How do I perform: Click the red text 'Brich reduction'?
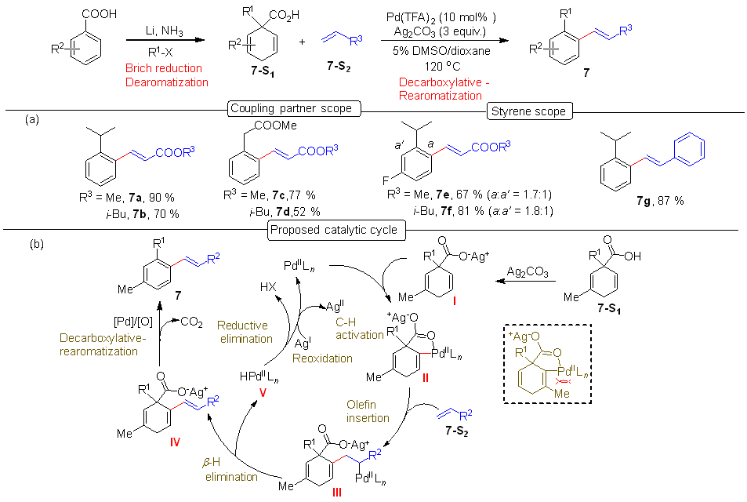tap(164, 68)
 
